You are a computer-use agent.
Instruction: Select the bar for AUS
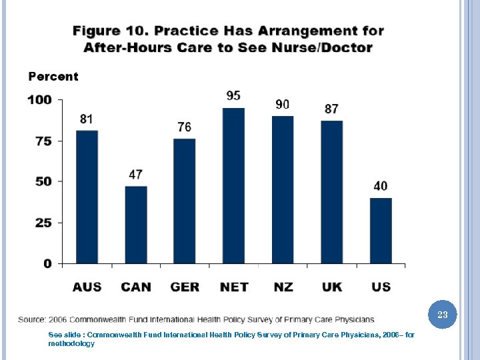coord(87,197)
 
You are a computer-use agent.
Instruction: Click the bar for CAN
coord(136,225)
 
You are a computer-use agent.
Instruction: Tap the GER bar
coord(185,201)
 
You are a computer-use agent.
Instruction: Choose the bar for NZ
coord(283,189)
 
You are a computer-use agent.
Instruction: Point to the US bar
coord(381,231)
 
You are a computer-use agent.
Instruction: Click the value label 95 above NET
coord(233,96)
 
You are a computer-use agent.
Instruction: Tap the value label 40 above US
coord(381,186)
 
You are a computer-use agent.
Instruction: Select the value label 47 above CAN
coord(136,175)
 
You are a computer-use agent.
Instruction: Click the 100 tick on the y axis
coord(39,100)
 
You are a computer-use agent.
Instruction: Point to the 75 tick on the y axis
coord(43,141)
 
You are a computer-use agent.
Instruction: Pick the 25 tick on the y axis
coord(43,223)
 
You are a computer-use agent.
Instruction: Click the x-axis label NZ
coord(283,287)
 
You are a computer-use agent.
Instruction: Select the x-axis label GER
coord(185,287)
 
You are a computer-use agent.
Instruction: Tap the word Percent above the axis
coord(53,77)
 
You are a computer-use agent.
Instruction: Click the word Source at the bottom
coord(33,319)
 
